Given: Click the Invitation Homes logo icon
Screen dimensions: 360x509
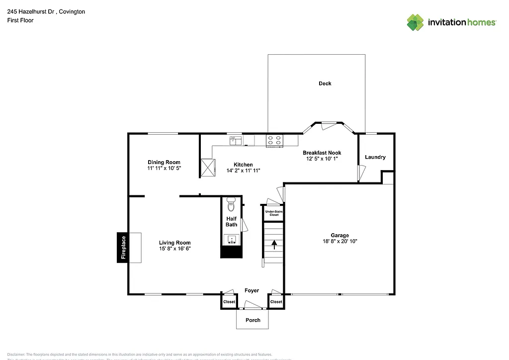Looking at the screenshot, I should pyautogui.click(x=415, y=22).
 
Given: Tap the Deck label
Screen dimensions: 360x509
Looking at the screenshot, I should pyautogui.click(x=325, y=84).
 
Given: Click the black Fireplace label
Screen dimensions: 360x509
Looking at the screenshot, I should pyautogui.click(x=123, y=248).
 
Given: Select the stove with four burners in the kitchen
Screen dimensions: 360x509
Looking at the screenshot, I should pyautogui.click(x=274, y=141).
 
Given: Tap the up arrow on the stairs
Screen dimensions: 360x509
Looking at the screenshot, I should pyautogui.click(x=273, y=244).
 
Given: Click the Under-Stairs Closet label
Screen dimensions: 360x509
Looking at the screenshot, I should pyautogui.click(x=274, y=213).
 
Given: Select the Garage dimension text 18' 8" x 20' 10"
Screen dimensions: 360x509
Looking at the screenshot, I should pyautogui.click(x=340, y=241).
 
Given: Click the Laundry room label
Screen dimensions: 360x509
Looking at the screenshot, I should pyautogui.click(x=375, y=157).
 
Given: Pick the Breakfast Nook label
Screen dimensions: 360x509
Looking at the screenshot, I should pyautogui.click(x=322, y=153).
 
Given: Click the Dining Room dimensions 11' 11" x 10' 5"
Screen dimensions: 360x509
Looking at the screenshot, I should pyautogui.click(x=164, y=169).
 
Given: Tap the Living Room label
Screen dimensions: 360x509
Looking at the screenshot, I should pyautogui.click(x=175, y=243).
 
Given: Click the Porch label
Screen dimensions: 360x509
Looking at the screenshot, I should pyautogui.click(x=253, y=320).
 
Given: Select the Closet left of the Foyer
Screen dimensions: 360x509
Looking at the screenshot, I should pyautogui.click(x=229, y=302).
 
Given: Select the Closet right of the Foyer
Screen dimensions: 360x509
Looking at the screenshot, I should pyautogui.click(x=276, y=302).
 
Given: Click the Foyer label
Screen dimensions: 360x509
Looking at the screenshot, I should pyautogui.click(x=252, y=290).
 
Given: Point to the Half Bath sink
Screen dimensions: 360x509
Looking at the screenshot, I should pyautogui.click(x=232, y=240).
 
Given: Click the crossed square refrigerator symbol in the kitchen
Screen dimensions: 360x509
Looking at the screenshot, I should pyautogui.click(x=208, y=167).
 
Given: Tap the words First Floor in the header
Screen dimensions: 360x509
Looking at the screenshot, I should pyautogui.click(x=20, y=20).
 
